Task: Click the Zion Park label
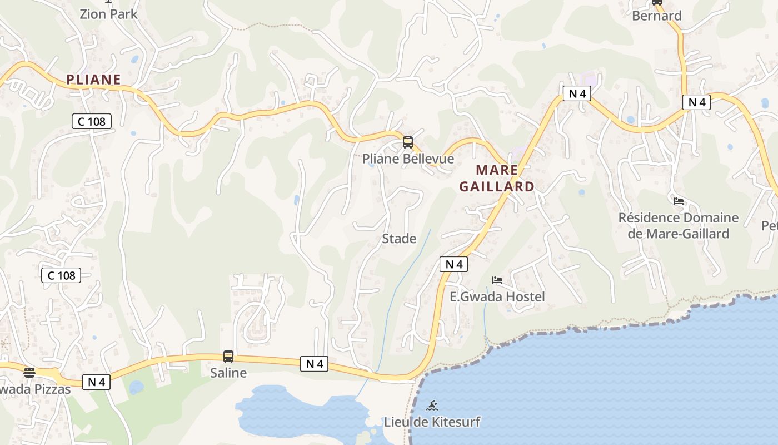(108, 14)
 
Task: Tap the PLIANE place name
(93, 80)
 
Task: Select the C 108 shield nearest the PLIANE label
(92, 121)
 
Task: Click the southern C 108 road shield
(61, 275)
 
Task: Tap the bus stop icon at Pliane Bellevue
(408, 142)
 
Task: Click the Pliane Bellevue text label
(408, 159)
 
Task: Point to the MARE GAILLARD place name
(497, 178)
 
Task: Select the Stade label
(399, 239)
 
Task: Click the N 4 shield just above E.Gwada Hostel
(453, 264)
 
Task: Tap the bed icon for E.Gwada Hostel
(497, 280)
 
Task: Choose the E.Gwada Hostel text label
(497, 296)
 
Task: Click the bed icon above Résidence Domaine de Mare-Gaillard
(678, 201)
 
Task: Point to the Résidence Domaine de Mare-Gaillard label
(679, 225)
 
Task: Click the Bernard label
(656, 16)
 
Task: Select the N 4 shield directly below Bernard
(696, 102)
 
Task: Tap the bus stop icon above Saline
(228, 356)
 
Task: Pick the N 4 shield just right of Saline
(314, 364)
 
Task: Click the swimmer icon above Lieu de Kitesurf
(432, 405)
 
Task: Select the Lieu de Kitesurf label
(432, 422)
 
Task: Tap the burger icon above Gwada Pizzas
(29, 372)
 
